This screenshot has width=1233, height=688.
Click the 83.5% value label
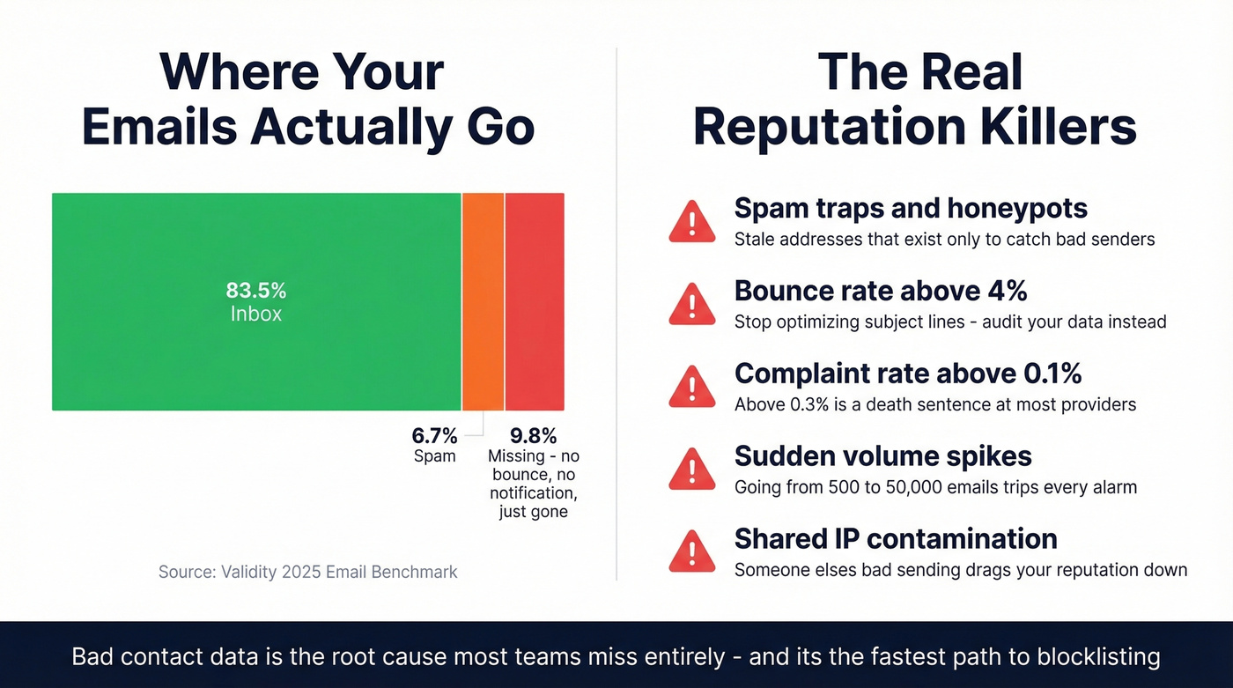pyautogui.click(x=256, y=291)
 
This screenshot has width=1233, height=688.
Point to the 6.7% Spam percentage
pyautogui.click(x=435, y=435)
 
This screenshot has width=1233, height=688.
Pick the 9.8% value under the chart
pyautogui.click(x=534, y=435)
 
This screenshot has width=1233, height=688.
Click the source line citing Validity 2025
pyautogui.click(x=307, y=572)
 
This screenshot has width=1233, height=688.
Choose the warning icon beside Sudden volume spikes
pyautogui.click(x=692, y=469)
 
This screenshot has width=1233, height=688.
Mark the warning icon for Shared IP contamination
pyautogui.click(x=692, y=551)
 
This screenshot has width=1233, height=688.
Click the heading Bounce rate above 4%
pyautogui.click(x=881, y=291)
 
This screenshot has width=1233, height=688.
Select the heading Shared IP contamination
pyautogui.click(x=896, y=538)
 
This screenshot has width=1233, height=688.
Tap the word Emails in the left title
pyautogui.click(x=159, y=127)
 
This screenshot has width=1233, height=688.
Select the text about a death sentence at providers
pyautogui.click(x=934, y=404)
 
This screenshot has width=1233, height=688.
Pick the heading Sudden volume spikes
pyautogui.click(x=882, y=456)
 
